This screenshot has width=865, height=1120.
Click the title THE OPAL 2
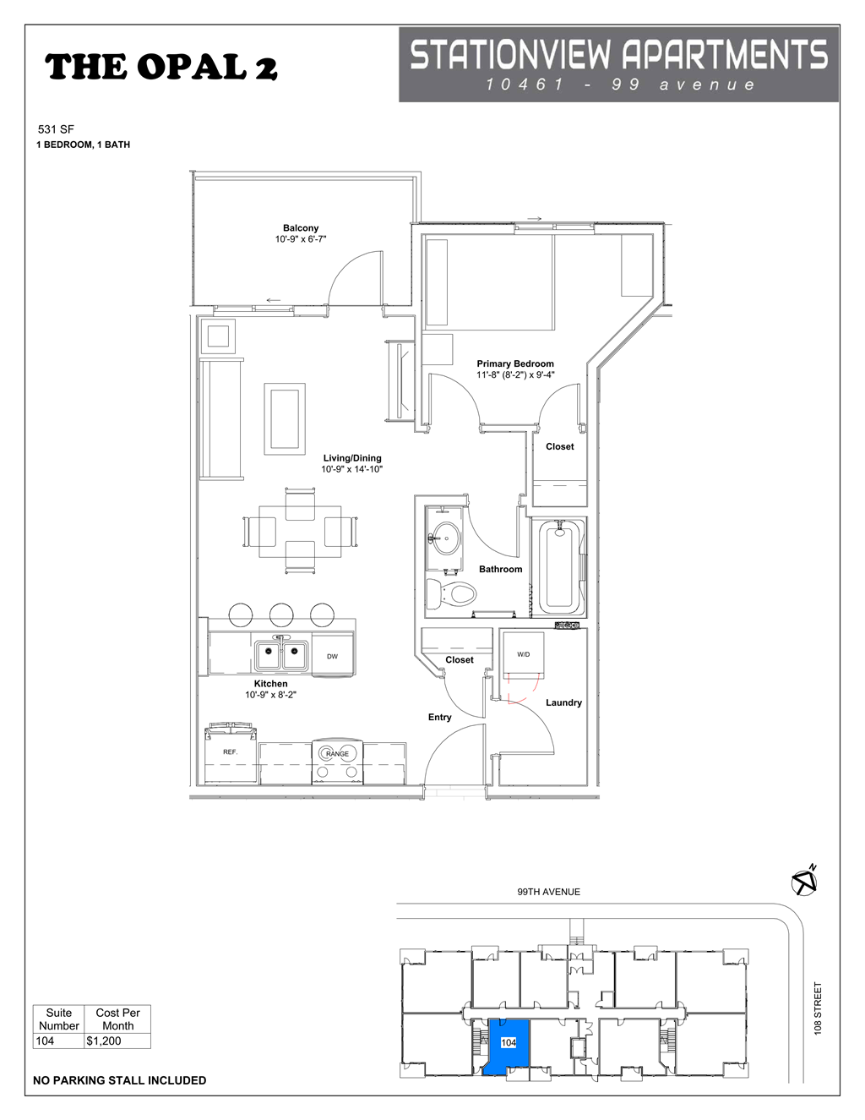[x=160, y=68]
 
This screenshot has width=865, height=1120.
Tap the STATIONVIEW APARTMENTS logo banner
[x=618, y=64]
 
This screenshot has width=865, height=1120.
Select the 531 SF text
[x=56, y=129]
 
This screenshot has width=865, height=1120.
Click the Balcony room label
[x=301, y=228]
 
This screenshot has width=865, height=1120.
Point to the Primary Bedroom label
[x=515, y=364]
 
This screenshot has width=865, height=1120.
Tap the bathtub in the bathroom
[x=559, y=567]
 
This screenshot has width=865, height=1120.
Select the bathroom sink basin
[x=445, y=538]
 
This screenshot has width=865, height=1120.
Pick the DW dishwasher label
[x=333, y=657]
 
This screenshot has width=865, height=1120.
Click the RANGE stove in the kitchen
[x=337, y=761]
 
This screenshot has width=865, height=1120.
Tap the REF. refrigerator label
[x=231, y=752]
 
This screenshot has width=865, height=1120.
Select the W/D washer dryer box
[x=524, y=654]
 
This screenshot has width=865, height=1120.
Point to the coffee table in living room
[x=285, y=419]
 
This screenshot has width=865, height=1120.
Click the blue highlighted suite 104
[x=507, y=1046]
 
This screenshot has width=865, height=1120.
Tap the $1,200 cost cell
[x=117, y=1041]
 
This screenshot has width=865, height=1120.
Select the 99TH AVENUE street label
[x=548, y=892]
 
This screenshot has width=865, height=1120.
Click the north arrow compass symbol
[x=804, y=882]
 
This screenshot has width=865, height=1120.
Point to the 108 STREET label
[x=818, y=1008]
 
